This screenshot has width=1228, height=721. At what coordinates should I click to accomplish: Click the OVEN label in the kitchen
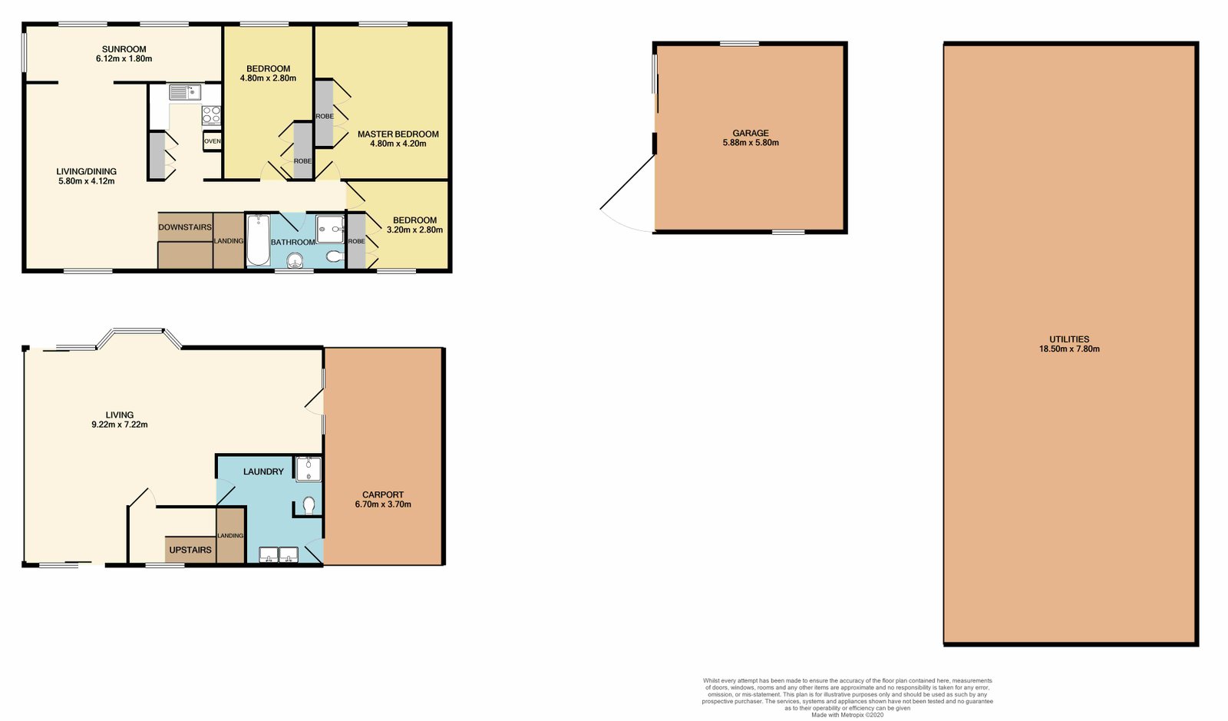[212, 141]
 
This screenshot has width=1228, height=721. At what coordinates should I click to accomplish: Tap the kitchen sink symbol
[185, 92]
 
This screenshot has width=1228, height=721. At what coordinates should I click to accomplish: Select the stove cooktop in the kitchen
[211, 116]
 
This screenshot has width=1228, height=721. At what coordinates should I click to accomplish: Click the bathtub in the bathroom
[258, 240]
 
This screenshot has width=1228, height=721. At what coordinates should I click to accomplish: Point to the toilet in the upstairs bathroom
[335, 256]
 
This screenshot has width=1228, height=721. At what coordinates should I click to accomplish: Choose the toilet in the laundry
[309, 506]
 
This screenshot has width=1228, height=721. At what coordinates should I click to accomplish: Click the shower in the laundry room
[308, 469]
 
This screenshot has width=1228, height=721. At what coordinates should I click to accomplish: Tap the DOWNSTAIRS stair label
[185, 227]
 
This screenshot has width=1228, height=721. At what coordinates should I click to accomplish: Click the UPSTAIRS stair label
[190, 550]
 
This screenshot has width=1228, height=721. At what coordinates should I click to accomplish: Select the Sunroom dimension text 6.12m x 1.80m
[124, 58]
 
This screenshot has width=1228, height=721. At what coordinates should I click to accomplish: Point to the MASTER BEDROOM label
[398, 134]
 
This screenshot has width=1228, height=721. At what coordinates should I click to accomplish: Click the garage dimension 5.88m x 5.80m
[751, 143]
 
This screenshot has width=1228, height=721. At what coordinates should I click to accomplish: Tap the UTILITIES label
[1069, 339]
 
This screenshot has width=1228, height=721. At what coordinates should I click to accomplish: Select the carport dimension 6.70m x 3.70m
[383, 504]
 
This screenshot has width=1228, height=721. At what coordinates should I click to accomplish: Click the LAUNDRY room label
[263, 471]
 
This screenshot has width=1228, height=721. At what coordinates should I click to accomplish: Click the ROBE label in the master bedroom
[325, 116]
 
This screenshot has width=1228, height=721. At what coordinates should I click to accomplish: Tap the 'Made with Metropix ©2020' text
[847, 715]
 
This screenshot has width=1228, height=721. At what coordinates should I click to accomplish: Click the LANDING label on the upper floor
[229, 240]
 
